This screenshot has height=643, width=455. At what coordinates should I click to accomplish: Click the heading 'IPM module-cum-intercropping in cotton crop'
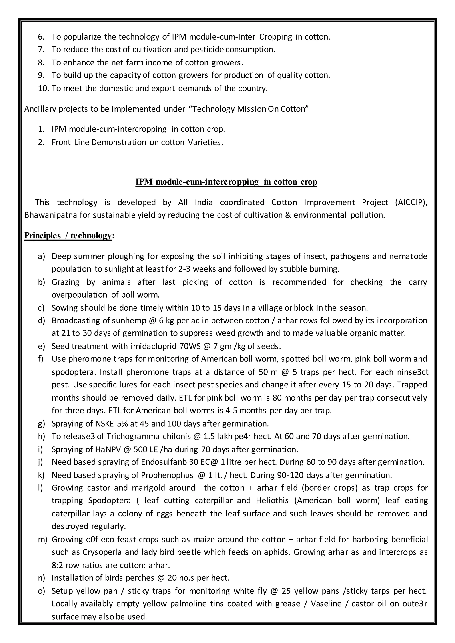point(226,182)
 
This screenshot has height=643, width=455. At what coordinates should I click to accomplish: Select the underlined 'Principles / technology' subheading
point(68,236)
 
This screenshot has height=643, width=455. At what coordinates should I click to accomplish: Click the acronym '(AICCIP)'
point(411,202)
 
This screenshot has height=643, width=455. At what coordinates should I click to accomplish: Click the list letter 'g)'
point(41,423)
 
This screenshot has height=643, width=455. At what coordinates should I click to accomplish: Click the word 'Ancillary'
point(40,109)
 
